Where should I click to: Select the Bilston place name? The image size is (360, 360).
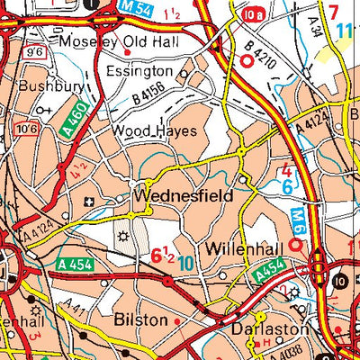tap(141, 319)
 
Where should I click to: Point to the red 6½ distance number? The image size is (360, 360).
tap(162, 257)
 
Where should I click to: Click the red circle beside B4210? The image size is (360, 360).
tap(247, 59)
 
